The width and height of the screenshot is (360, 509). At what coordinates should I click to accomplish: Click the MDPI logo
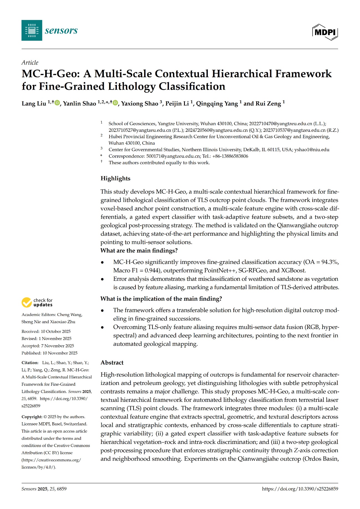point(325,32)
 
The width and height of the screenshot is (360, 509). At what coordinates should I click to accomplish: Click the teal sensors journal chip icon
point(32,30)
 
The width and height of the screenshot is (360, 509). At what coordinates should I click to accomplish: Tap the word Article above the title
point(30,63)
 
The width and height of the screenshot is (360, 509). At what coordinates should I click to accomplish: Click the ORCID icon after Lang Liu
point(57,103)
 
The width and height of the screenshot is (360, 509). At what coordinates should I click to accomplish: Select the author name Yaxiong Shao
point(140,104)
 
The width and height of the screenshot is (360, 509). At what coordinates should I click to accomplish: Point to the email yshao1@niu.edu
point(312,150)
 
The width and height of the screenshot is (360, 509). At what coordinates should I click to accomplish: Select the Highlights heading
point(115,178)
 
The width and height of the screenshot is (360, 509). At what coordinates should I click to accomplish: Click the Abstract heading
point(112,363)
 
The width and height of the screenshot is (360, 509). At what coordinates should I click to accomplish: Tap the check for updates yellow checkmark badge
point(27,302)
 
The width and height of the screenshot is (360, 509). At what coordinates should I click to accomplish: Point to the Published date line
point(49,353)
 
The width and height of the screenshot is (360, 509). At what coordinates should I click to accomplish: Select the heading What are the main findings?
point(139,251)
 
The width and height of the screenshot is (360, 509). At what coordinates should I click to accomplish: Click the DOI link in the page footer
point(300,489)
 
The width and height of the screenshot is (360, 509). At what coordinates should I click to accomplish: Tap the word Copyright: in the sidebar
point(32,417)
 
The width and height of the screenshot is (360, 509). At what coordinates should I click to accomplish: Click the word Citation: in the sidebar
point(30,363)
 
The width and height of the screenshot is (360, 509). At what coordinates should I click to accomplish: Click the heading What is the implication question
point(161,299)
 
